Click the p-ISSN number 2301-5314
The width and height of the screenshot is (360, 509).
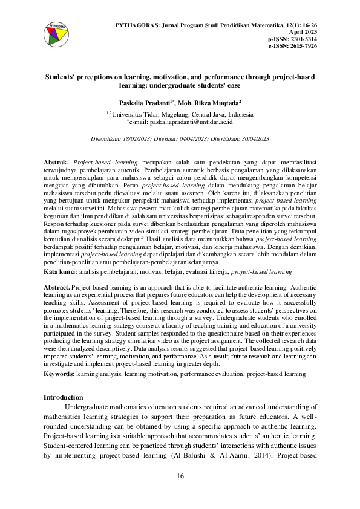[301, 39]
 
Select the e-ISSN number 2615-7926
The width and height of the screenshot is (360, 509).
[301, 45]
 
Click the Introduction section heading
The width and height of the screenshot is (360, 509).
[64, 397]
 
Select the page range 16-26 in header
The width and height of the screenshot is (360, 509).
[307, 25]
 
